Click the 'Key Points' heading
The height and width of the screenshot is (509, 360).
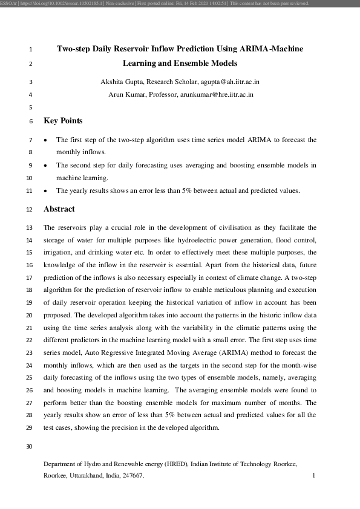63,121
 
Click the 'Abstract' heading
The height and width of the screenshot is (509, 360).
59,209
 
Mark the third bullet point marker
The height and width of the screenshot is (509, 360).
46,190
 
